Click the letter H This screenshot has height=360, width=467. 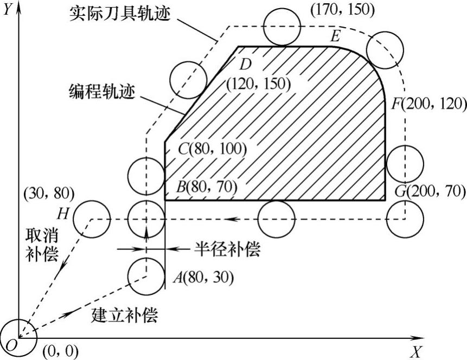(63, 214)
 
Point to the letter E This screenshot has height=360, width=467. (335, 36)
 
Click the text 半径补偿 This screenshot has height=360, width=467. (227, 249)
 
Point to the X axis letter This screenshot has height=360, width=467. (415, 352)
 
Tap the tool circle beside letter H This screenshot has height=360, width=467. (91, 218)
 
